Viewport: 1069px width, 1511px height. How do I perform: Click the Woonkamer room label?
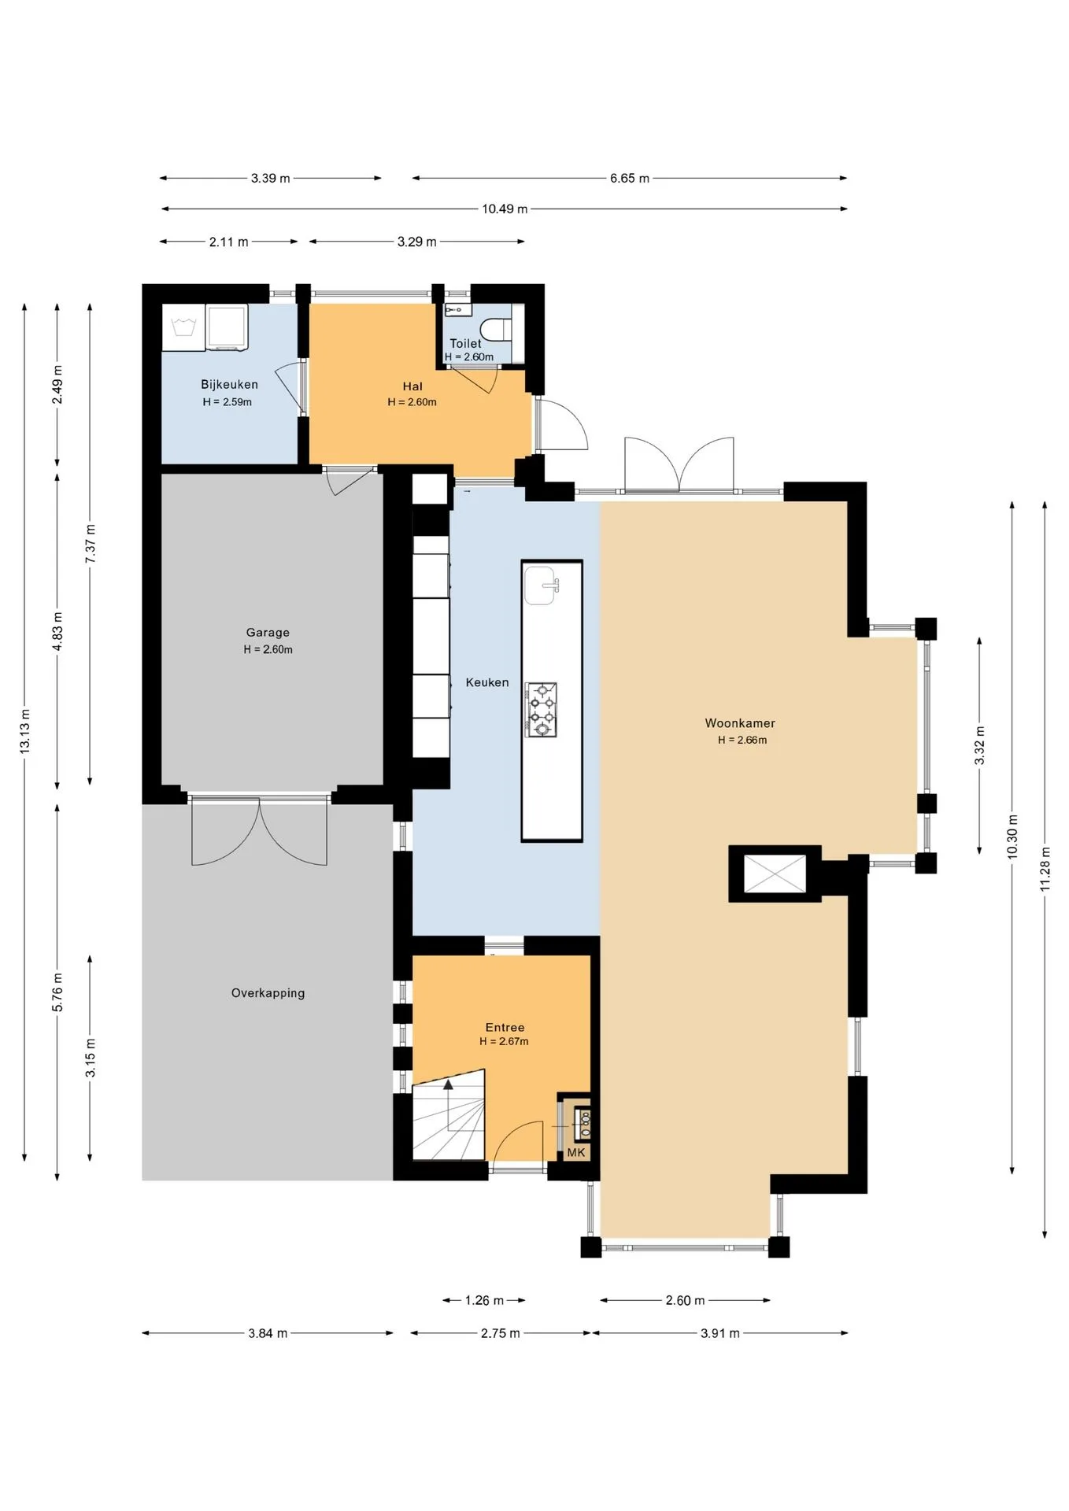[740, 722]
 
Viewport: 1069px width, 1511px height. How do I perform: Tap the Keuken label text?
[487, 682]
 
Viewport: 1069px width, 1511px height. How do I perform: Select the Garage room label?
[268, 632]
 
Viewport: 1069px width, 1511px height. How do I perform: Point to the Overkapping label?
[268, 993]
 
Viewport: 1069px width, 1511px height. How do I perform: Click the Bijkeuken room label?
[229, 385]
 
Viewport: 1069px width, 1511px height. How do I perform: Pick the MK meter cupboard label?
[576, 1152]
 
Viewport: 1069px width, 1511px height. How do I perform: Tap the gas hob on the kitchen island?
[542, 709]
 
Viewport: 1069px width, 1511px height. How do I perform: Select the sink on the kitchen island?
[542, 586]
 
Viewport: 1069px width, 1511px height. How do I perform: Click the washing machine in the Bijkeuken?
[227, 327]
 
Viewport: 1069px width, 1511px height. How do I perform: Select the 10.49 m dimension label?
[505, 209]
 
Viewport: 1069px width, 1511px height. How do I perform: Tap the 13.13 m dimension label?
[24, 732]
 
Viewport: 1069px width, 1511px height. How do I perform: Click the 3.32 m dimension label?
[979, 746]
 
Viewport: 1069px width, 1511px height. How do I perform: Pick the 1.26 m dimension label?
[484, 1300]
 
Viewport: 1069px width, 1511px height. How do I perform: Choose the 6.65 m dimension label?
[630, 179]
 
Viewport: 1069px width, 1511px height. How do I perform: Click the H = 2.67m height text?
[504, 1041]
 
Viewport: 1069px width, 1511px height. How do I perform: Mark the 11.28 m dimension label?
[1045, 869]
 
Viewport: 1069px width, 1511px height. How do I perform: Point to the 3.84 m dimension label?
[268, 1333]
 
